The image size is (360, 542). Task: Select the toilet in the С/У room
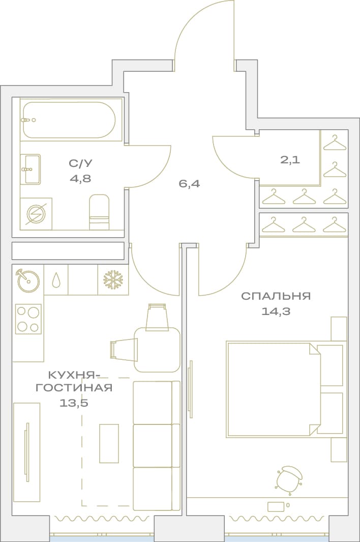(99, 212)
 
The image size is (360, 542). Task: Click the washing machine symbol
(36, 214)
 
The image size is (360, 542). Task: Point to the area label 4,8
(80, 178)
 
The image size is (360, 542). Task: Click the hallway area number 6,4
(189, 184)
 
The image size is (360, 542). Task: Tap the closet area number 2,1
(290, 160)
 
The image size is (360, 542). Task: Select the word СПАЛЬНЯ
(276, 296)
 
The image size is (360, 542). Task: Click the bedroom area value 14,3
(276, 311)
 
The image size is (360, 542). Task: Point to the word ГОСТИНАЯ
(74, 387)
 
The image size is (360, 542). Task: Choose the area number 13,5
(74, 403)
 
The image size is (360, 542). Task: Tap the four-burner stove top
(28, 319)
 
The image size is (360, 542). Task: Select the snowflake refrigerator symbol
(113, 279)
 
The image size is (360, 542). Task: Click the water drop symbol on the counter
(55, 279)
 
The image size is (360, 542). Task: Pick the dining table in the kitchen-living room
(157, 350)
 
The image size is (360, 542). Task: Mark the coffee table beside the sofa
(109, 443)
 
